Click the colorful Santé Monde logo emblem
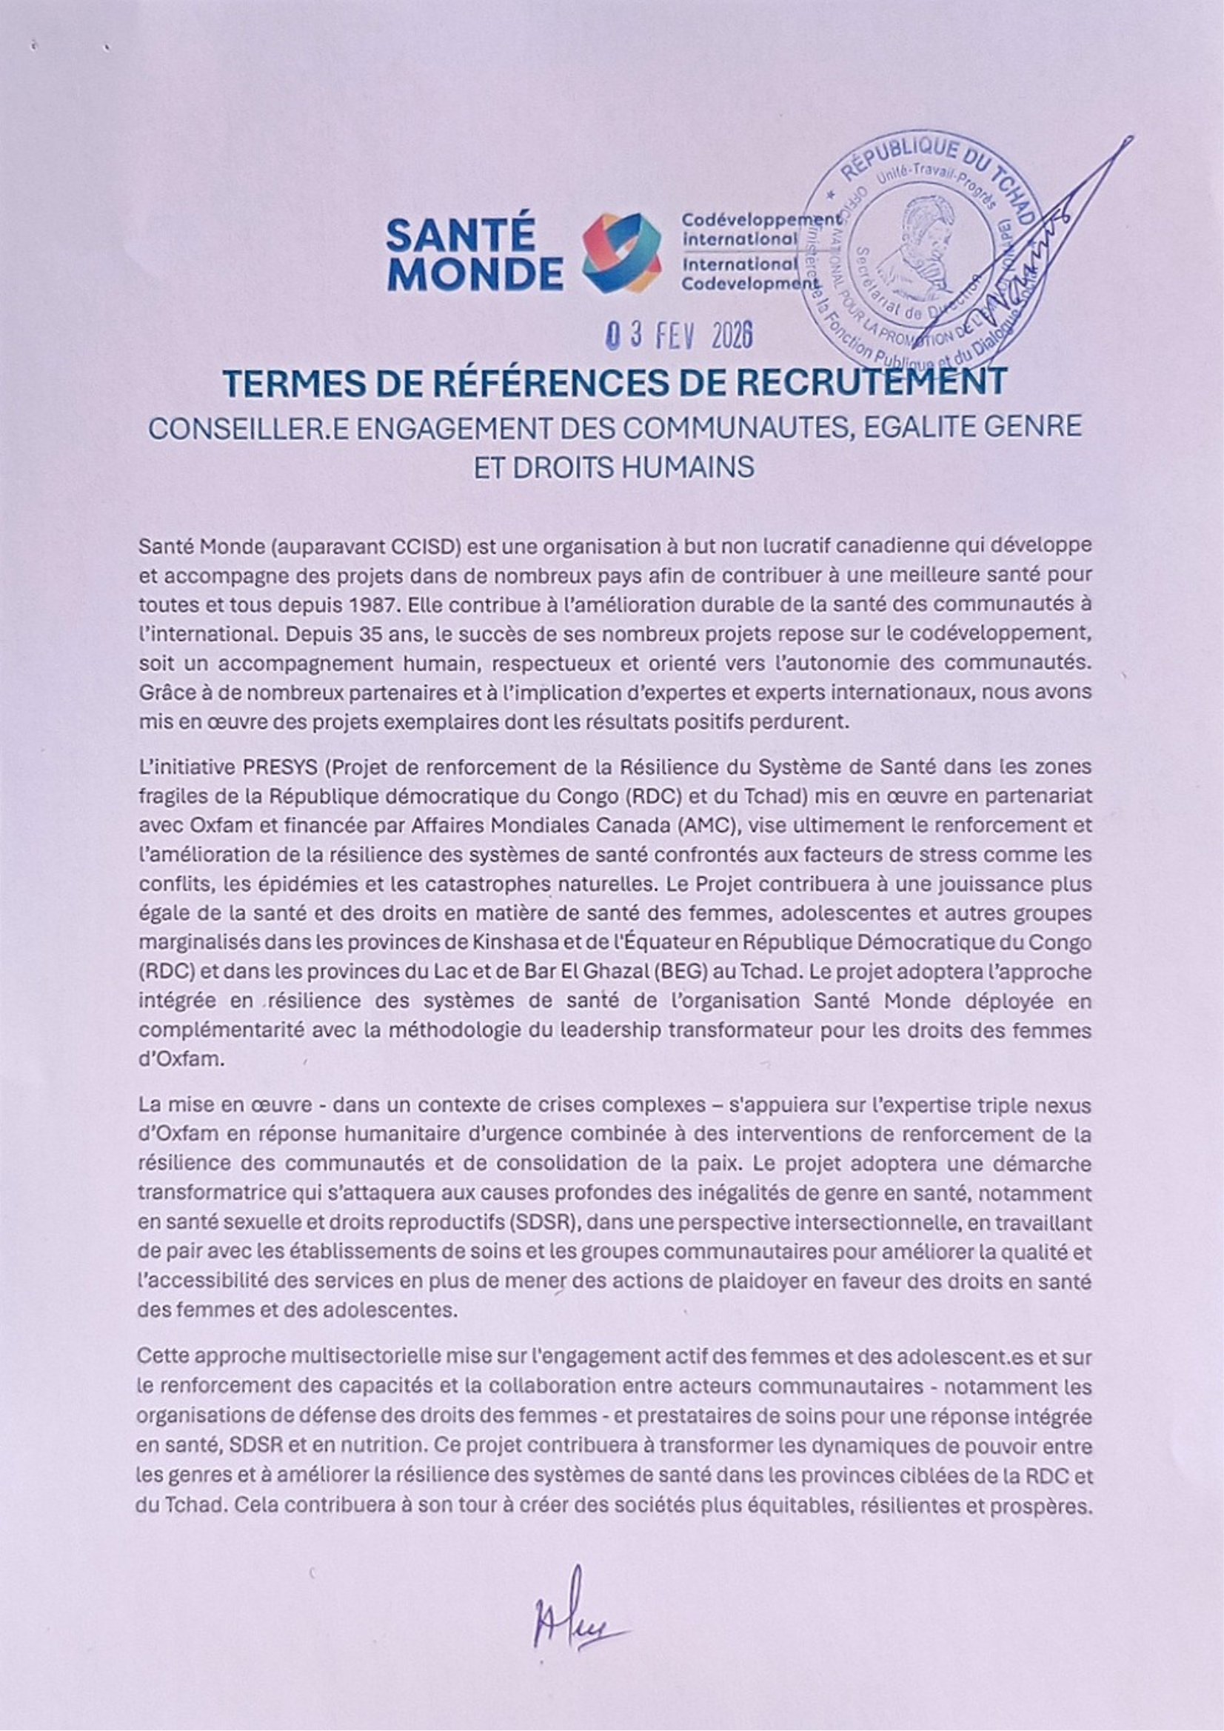point(623,253)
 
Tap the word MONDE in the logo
point(475,274)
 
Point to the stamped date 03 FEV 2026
point(680,337)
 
